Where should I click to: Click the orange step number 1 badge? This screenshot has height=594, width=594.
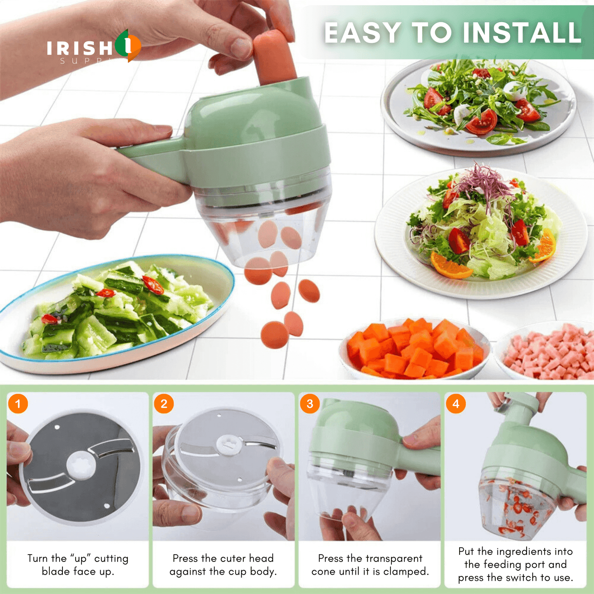tap(18, 404)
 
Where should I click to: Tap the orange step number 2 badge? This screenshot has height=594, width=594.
tap(164, 404)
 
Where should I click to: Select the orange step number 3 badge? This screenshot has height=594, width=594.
tap(310, 404)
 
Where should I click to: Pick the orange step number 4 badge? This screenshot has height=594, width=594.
tap(455, 404)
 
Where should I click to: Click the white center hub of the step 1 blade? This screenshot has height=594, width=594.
tap(81, 466)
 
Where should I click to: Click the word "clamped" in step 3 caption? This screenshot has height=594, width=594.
tap(405, 571)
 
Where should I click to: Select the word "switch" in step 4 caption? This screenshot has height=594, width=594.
tap(521, 578)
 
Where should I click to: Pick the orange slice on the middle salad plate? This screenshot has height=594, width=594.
tap(450, 266)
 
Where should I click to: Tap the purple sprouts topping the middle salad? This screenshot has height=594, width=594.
tap(485, 181)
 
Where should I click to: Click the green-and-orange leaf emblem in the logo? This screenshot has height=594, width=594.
tap(128, 45)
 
